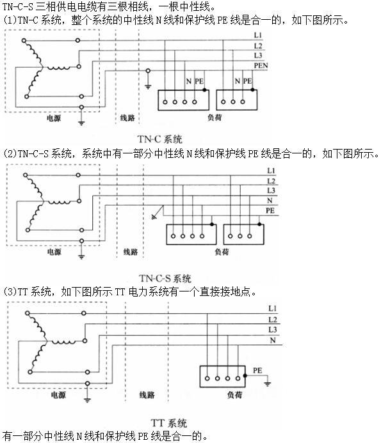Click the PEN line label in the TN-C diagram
pyautogui.click(x=261, y=66)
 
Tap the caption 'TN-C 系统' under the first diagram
pyautogui.click(x=160, y=139)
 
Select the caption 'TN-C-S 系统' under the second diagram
pyautogui.click(x=165, y=279)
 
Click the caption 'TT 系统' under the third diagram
pyautogui.click(x=169, y=423)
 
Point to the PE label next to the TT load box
pyautogui.click(x=257, y=370)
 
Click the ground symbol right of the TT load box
pyautogui.click(x=268, y=384)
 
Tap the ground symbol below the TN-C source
pyautogui.click(x=81, y=123)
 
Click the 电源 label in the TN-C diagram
pyautogui.click(x=54, y=118)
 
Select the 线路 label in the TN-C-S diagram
pyautogui.click(x=131, y=251)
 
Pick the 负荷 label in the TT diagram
pyautogui.click(x=234, y=394)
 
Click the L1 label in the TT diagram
pyautogui.click(x=273, y=308)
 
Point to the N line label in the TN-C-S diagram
pyautogui.click(x=270, y=200)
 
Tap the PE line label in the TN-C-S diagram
pyautogui.click(x=270, y=210)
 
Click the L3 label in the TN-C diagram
pyautogui.click(x=258, y=55)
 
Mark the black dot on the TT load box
pyautogui.click(x=245, y=376)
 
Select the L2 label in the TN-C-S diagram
pyautogui.click(x=271, y=181)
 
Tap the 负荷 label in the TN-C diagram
pyautogui.click(x=215, y=117)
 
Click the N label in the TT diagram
pyautogui.click(x=273, y=341)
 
